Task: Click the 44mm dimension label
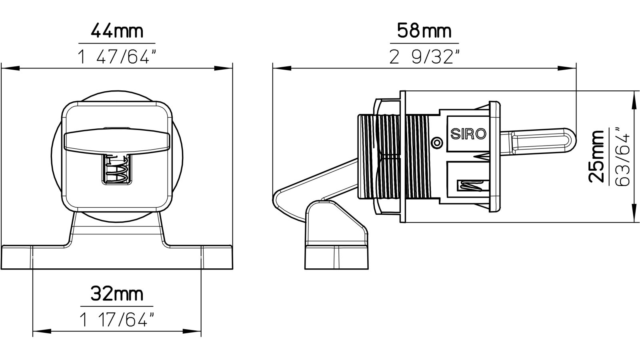click(x=117, y=32)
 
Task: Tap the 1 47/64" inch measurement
click(x=118, y=57)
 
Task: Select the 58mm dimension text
click(x=424, y=31)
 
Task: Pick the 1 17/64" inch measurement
click(x=118, y=320)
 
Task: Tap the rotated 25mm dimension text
click(x=596, y=156)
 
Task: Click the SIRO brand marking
click(x=468, y=134)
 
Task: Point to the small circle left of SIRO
click(x=437, y=142)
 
